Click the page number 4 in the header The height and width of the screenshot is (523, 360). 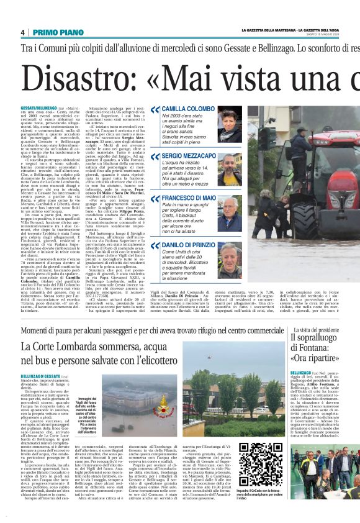click(22, 32)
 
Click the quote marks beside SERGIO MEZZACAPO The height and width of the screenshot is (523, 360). click(155, 155)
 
